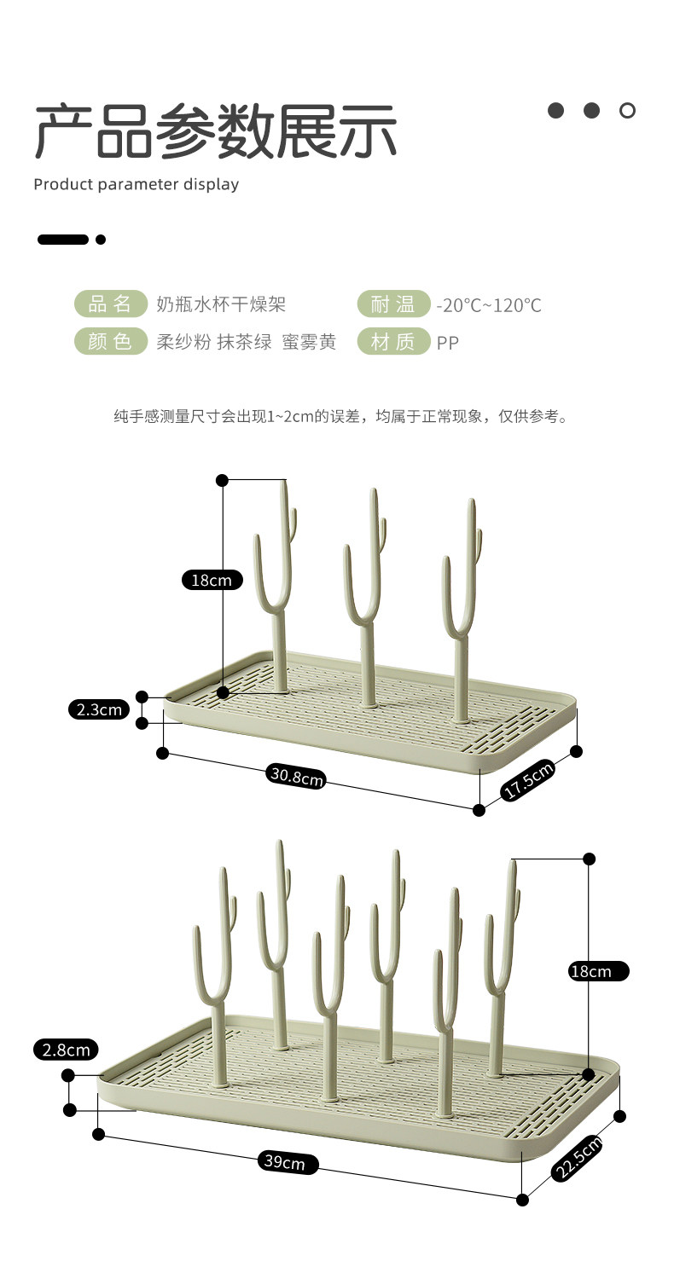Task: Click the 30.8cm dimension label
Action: (x=296, y=776)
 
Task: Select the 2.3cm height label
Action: (x=98, y=709)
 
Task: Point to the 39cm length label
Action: (x=285, y=1162)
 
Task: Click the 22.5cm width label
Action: (x=577, y=1158)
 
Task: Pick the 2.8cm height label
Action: (x=66, y=1050)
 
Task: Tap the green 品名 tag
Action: (x=110, y=304)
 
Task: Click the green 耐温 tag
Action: (x=392, y=304)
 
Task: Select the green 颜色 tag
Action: (x=110, y=342)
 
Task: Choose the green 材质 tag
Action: (x=392, y=342)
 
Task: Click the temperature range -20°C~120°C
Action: (x=489, y=305)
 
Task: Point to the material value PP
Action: (x=448, y=343)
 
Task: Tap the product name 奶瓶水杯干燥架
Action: (x=221, y=304)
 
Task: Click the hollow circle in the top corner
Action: (x=627, y=110)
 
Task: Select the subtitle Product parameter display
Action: (x=137, y=184)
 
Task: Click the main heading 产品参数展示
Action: (x=216, y=131)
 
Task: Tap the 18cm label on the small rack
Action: (x=212, y=581)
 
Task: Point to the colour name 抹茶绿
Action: (x=245, y=342)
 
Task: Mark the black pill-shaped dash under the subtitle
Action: (x=62, y=240)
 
